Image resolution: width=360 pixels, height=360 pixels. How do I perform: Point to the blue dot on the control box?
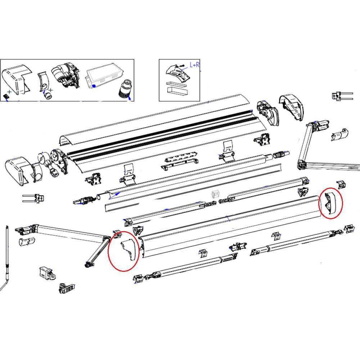tap(93, 86)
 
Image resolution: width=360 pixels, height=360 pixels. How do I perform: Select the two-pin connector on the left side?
tap(34, 198)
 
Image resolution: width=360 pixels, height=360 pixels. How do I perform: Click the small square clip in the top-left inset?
tap(6, 97)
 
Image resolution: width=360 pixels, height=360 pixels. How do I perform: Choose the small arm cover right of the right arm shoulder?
tap(339, 134)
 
